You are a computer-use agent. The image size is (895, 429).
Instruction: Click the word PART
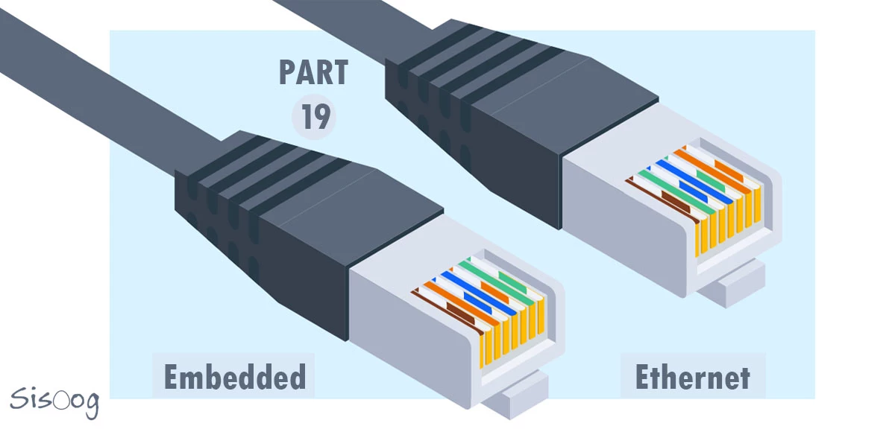click(314, 73)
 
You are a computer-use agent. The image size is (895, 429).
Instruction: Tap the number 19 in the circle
click(315, 117)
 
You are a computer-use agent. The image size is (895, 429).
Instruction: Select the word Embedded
click(234, 377)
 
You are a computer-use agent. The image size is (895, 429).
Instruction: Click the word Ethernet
click(692, 377)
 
